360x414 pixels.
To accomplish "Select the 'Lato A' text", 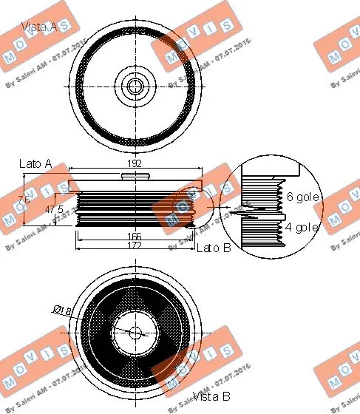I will (x=35, y=163).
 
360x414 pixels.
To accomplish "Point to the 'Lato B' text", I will (x=214, y=248).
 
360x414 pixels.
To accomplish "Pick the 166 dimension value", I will (x=133, y=236).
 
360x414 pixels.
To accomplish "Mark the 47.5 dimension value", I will (x=53, y=209).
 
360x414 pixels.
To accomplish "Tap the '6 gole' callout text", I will (x=302, y=197).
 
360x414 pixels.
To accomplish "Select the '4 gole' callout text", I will (x=302, y=227).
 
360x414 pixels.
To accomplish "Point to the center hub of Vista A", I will (x=134, y=86).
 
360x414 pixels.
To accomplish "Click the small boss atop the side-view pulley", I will (x=134, y=176).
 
